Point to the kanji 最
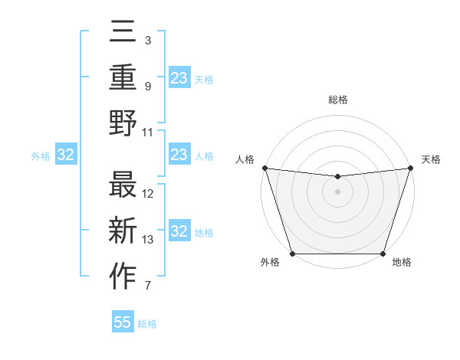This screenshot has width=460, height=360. pyautogui.click(x=123, y=185)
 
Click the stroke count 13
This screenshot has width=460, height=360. pyautogui.click(x=149, y=240)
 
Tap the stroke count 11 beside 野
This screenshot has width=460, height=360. pyautogui.click(x=149, y=132)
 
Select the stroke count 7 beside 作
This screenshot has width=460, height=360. pyautogui.click(x=148, y=286)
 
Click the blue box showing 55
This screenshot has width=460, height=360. pyautogui.click(x=123, y=322)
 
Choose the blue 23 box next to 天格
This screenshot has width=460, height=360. pyautogui.click(x=179, y=78)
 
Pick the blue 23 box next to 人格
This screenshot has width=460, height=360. pyautogui.click(x=179, y=155)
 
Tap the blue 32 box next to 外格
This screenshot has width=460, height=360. pyautogui.click(x=66, y=155)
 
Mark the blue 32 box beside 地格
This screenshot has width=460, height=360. pyautogui.click(x=179, y=232)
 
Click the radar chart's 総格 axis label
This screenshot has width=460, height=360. pyautogui.click(x=337, y=100)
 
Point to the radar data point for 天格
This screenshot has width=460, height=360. pyautogui.click(x=410, y=168)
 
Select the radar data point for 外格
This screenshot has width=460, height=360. pyautogui.click(x=292, y=254)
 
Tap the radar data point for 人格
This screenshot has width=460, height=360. pyautogui.click(x=264, y=168)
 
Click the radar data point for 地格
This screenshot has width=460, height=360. pyautogui.click(x=383, y=254)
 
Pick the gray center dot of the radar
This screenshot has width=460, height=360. pyautogui.click(x=337, y=191)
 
